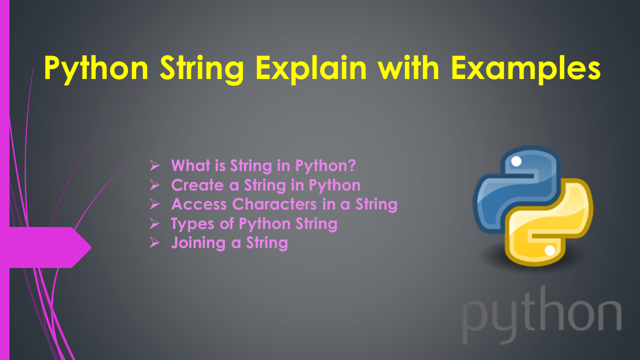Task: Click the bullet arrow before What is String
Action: tap(154, 165)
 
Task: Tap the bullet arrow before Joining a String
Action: tap(154, 243)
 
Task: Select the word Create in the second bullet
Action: tap(197, 185)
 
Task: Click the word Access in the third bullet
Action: tap(199, 204)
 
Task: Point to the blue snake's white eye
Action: tap(516, 161)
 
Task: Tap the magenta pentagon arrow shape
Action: tap(47, 247)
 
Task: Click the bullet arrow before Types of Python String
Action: tap(154, 224)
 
